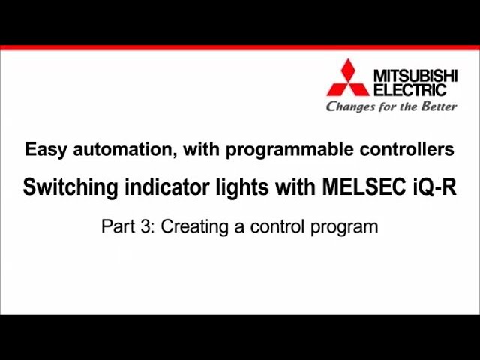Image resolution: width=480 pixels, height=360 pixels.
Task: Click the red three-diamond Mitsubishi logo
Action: [x=347, y=78]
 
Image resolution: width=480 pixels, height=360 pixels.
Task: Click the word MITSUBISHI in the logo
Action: [x=415, y=76]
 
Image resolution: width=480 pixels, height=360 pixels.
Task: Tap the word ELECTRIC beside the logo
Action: [x=409, y=90]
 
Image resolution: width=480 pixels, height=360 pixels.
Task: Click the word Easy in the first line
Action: [x=41, y=150]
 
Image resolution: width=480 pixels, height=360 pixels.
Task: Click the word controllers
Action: [x=406, y=149]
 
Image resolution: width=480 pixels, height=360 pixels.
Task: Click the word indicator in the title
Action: [x=156, y=187]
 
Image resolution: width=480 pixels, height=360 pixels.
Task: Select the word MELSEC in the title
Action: [x=359, y=187]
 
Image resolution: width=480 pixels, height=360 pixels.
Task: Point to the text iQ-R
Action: [x=434, y=187]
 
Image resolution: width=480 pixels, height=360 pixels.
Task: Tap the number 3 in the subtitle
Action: [x=145, y=226]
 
